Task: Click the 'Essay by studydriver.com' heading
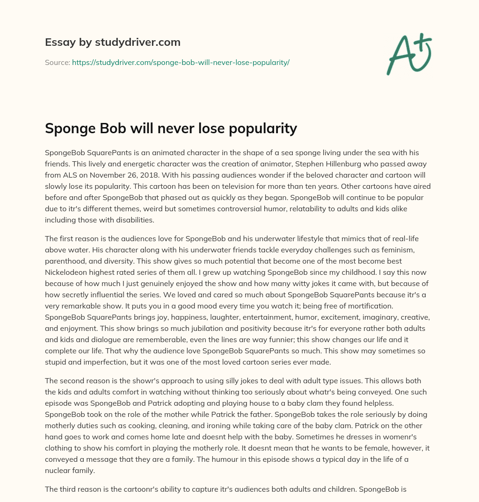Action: tap(112, 42)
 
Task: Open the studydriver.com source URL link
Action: tap(181, 62)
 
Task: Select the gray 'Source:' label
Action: tap(57, 62)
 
